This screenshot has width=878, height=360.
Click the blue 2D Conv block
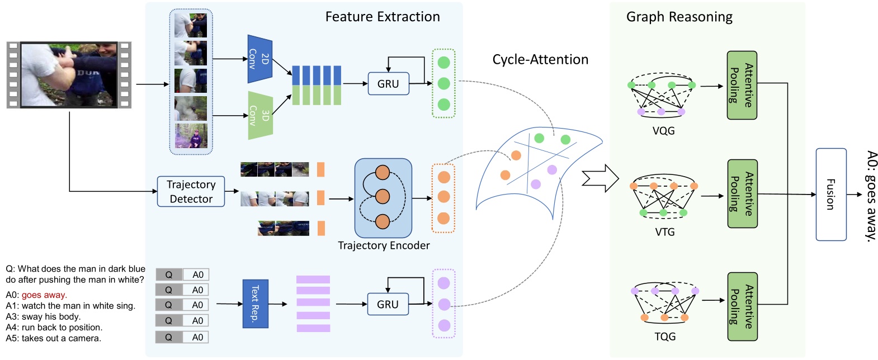click(259, 59)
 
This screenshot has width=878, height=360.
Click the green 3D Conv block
click(260, 116)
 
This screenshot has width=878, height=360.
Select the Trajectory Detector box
click(191, 192)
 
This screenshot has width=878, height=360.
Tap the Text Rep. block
click(255, 304)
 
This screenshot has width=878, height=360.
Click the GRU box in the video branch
click(388, 84)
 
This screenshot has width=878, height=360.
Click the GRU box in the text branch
click(388, 304)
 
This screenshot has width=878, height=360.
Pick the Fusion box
click(830, 195)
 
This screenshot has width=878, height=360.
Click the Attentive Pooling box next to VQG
click(742, 85)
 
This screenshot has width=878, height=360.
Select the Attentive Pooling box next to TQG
click(742, 306)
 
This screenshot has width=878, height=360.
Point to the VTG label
click(664, 232)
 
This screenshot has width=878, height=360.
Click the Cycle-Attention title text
click(540, 60)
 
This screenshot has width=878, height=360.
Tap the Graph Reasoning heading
click(679, 17)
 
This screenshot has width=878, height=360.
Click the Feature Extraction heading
click(383, 17)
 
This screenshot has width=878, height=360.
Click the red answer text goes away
click(44, 295)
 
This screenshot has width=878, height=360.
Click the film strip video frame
click(69, 74)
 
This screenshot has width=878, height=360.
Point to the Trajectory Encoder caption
click(384, 245)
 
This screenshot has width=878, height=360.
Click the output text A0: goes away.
click(870, 196)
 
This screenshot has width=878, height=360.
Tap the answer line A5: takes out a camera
click(54, 338)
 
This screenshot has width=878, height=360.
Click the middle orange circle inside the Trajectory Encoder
click(383, 197)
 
